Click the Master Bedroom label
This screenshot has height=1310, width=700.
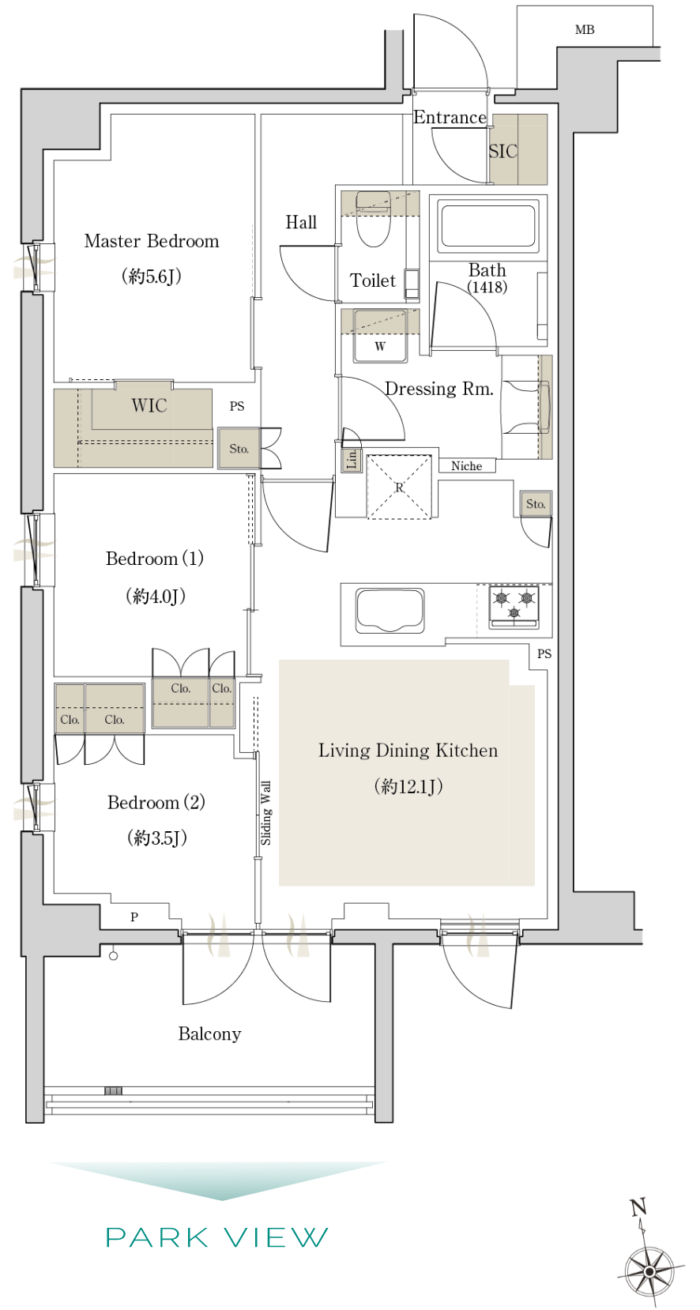(x=152, y=241)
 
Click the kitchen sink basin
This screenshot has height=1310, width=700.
(x=390, y=610)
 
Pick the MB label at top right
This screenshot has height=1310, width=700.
(x=585, y=29)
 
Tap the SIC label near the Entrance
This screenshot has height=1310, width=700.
(x=503, y=152)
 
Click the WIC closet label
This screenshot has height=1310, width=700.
(x=149, y=405)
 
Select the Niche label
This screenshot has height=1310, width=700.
(x=467, y=466)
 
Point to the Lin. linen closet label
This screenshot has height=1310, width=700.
(x=352, y=459)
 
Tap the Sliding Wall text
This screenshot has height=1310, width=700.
(x=265, y=813)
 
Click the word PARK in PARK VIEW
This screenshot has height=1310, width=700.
(x=157, y=1237)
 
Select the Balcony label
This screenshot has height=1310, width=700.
(x=209, y=1033)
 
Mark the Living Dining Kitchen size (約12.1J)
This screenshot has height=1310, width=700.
(x=408, y=786)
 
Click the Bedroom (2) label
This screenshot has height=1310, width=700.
(x=156, y=802)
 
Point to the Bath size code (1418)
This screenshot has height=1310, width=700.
(x=487, y=287)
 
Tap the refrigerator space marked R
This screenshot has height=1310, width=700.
(x=400, y=487)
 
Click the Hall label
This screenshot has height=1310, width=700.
(x=301, y=222)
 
